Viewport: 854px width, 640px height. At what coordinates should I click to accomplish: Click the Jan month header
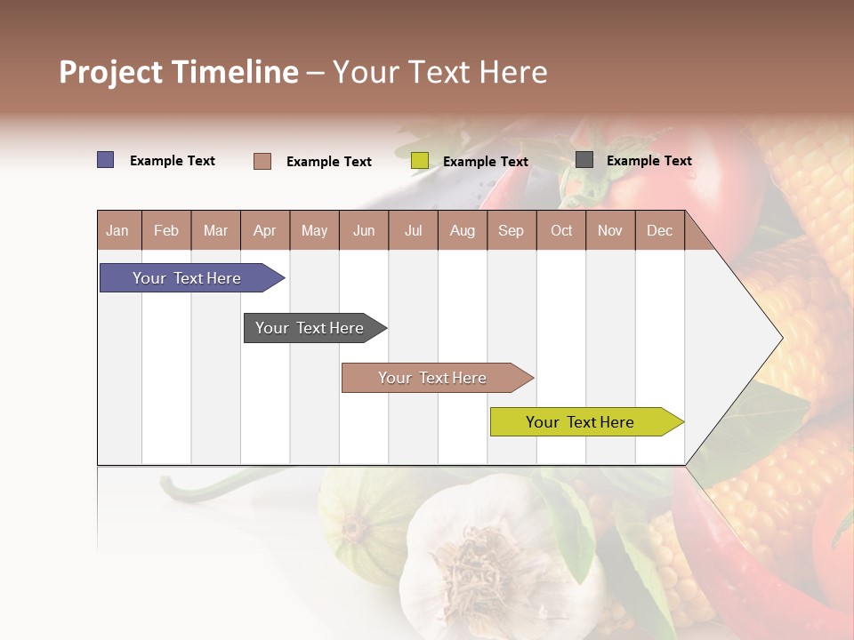point(117,230)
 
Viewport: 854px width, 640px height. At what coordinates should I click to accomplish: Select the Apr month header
point(264,230)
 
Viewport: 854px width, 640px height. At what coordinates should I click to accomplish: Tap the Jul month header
point(413,230)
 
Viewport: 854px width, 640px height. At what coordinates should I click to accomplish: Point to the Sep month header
point(511,230)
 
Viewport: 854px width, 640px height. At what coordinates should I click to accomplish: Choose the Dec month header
point(659,230)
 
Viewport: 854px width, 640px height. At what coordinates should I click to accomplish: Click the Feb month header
point(166,230)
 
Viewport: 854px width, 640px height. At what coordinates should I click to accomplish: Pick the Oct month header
point(561,230)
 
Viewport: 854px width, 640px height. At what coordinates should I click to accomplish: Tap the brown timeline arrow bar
point(433,378)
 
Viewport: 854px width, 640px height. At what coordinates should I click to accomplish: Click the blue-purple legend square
point(106,160)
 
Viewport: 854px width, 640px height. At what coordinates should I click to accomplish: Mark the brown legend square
point(262,161)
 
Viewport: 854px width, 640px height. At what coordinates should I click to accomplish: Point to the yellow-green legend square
point(420,161)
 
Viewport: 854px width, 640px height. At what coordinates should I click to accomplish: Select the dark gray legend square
point(584,160)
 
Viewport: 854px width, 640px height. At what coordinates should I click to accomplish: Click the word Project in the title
point(110,72)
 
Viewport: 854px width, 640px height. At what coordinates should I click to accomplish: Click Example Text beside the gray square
point(649,161)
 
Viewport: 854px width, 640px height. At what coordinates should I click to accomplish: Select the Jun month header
point(364,230)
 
